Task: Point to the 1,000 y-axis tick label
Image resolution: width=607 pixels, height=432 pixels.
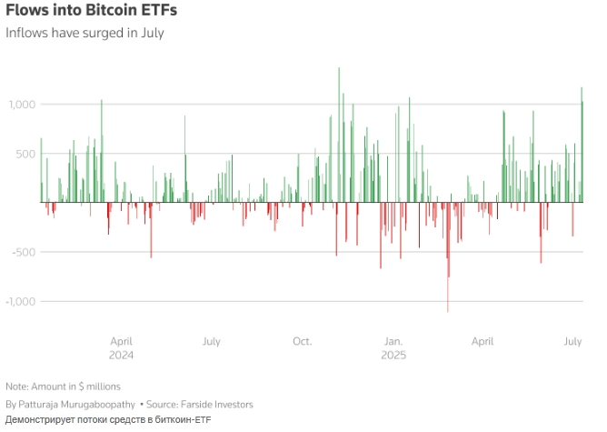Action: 22,105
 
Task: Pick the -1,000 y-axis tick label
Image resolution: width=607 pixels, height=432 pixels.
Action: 20,301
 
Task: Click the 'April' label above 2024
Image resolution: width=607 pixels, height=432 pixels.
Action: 121,342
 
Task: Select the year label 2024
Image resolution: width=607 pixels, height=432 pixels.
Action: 121,355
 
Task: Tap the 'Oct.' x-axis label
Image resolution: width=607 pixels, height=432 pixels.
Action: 302,342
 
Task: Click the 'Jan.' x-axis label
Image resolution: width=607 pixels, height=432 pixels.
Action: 393,342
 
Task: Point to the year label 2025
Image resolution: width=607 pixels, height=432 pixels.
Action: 393,355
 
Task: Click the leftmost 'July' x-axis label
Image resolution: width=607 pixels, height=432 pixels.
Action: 211,342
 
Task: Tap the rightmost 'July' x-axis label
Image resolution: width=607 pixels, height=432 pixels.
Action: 572,342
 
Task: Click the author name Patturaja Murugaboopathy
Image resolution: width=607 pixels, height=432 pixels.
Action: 76,404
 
